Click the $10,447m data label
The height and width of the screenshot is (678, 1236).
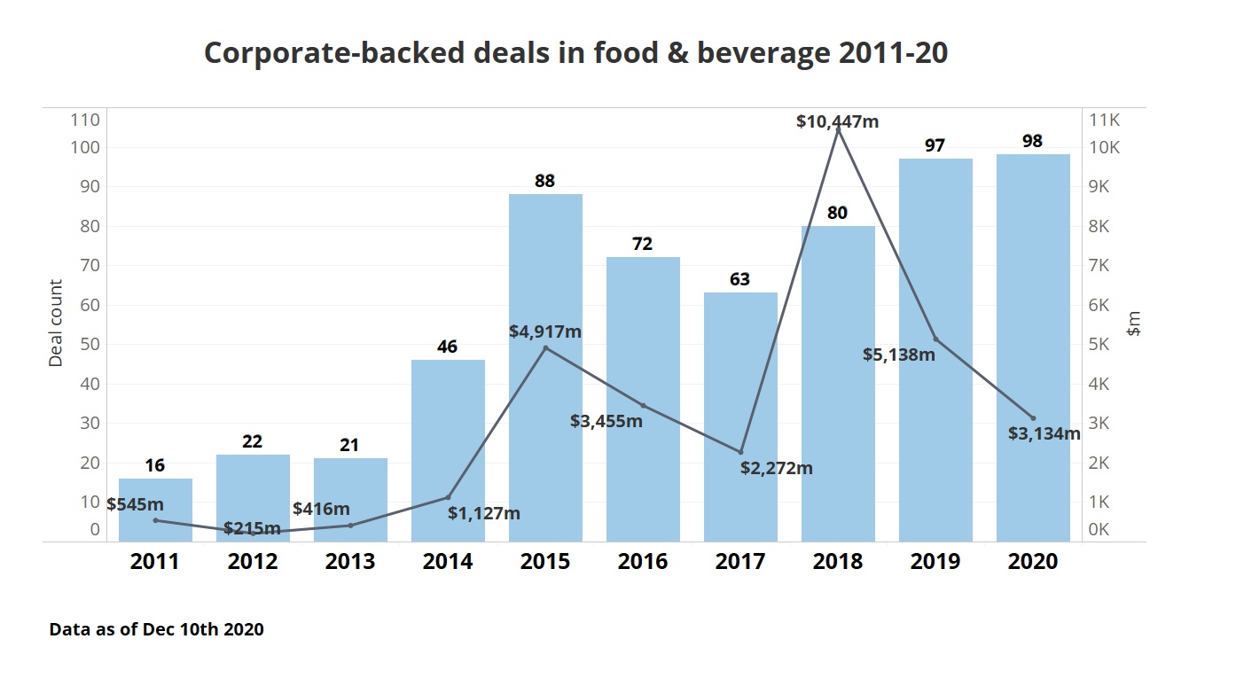click(837, 121)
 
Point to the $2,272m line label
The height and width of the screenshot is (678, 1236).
click(777, 468)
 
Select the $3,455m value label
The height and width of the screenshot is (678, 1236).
click(606, 421)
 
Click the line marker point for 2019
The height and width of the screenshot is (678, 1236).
click(935, 339)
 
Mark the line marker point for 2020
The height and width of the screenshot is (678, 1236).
click(1033, 417)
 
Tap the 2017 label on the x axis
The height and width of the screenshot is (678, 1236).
click(740, 562)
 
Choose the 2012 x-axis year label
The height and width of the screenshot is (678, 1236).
click(253, 562)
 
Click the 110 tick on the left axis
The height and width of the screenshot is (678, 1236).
click(86, 120)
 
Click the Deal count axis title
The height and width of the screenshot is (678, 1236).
click(56, 323)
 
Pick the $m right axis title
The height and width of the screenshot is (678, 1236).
click(1133, 323)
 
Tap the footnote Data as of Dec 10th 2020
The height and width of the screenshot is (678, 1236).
click(156, 629)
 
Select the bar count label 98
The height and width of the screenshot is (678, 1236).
click(1032, 141)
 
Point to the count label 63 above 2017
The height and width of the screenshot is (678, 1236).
click(739, 279)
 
